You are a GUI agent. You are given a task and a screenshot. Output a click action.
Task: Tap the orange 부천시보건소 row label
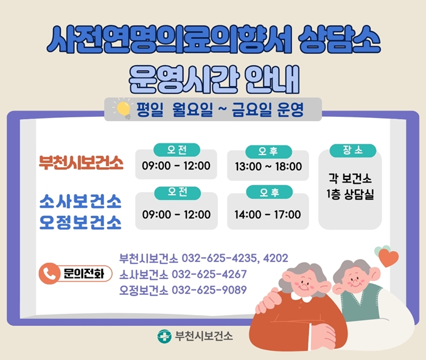click(x=81, y=164)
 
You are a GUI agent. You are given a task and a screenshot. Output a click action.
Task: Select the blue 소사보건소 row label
click(x=80, y=201)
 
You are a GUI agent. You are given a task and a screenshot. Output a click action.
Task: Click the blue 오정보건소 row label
click(x=80, y=221)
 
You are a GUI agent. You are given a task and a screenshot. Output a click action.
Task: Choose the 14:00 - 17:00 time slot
click(x=268, y=215)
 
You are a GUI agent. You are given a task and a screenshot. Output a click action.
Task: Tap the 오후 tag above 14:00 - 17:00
click(x=268, y=193)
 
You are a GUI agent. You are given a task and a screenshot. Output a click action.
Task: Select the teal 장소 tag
click(x=349, y=150)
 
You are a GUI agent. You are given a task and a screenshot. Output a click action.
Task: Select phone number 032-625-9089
click(x=209, y=290)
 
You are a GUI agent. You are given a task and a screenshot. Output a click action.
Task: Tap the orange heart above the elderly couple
click(x=389, y=257)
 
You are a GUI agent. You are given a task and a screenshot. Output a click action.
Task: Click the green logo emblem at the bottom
click(x=164, y=336)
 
